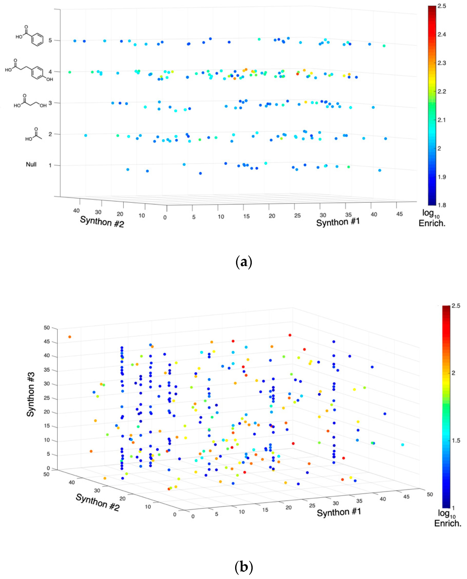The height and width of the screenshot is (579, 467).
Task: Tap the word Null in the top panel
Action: click(31, 164)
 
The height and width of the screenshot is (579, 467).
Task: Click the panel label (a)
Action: click(244, 262)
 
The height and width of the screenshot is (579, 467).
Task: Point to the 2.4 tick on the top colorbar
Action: click(441, 34)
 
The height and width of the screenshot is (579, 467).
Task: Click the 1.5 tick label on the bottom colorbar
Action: click(456, 440)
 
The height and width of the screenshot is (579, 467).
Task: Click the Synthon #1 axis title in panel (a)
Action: click(338, 222)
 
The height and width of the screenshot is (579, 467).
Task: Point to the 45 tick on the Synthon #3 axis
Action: click(47, 342)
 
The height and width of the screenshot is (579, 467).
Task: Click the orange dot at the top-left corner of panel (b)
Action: click(70, 337)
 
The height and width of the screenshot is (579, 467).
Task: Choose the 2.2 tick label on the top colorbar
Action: click(441, 91)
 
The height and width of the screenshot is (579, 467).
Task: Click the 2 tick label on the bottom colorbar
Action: click(453, 373)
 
